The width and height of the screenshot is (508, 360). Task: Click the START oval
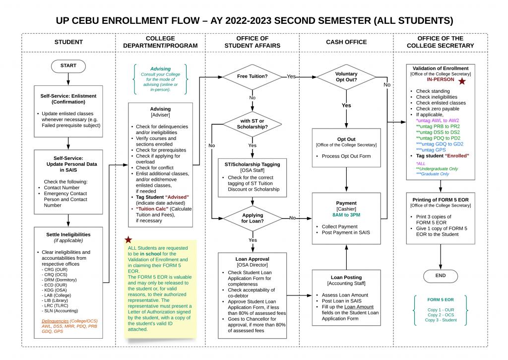point(68,66)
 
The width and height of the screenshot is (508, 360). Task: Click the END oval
point(441,276)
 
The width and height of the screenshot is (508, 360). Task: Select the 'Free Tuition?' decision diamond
point(252,76)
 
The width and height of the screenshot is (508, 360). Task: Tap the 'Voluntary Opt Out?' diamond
point(346,77)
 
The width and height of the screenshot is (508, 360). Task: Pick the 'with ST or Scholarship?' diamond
point(252,124)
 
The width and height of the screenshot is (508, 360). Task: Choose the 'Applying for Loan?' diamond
point(252,217)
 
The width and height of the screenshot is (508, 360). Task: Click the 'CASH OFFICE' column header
point(346,42)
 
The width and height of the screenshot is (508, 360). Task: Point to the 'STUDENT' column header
point(68,42)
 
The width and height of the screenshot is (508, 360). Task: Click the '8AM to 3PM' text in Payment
point(346,215)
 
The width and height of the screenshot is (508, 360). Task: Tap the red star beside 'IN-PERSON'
point(462,81)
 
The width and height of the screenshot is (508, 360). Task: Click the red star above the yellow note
point(128,239)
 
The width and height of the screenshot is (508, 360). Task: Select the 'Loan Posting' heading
point(346,278)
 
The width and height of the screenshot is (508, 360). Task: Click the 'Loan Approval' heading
point(252,259)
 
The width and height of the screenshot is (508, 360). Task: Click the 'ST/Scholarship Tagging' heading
point(252,164)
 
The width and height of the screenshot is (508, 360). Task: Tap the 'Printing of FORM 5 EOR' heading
point(441,199)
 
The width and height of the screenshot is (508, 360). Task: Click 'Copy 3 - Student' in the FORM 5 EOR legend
point(441,320)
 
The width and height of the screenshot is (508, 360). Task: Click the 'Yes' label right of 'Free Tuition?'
point(291,76)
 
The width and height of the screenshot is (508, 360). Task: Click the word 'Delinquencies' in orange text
point(55,321)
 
